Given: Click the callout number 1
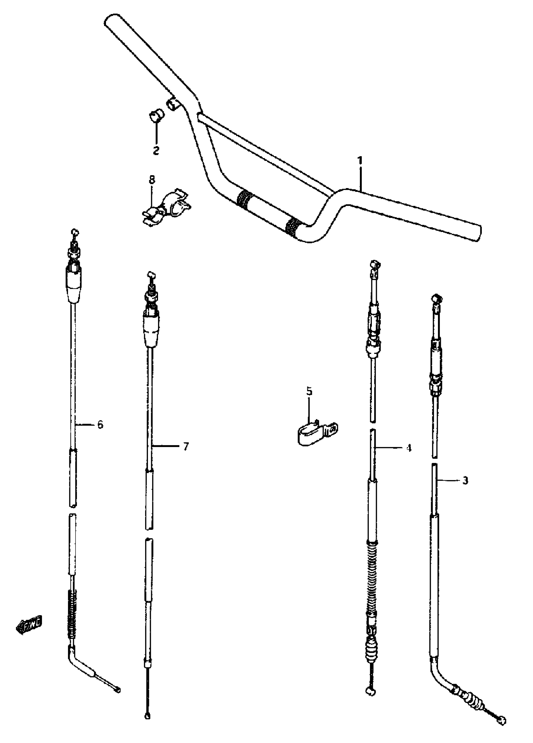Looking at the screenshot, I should (x=360, y=161).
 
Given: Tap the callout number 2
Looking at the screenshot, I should (x=156, y=150).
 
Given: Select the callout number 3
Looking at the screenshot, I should (x=465, y=481).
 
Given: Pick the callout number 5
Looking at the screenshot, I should (x=309, y=391).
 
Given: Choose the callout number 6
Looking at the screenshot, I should (x=100, y=424).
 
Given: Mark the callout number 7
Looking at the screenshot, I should (x=186, y=446).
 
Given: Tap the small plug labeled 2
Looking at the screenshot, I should (x=156, y=116).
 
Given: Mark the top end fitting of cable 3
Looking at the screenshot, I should (x=436, y=299).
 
